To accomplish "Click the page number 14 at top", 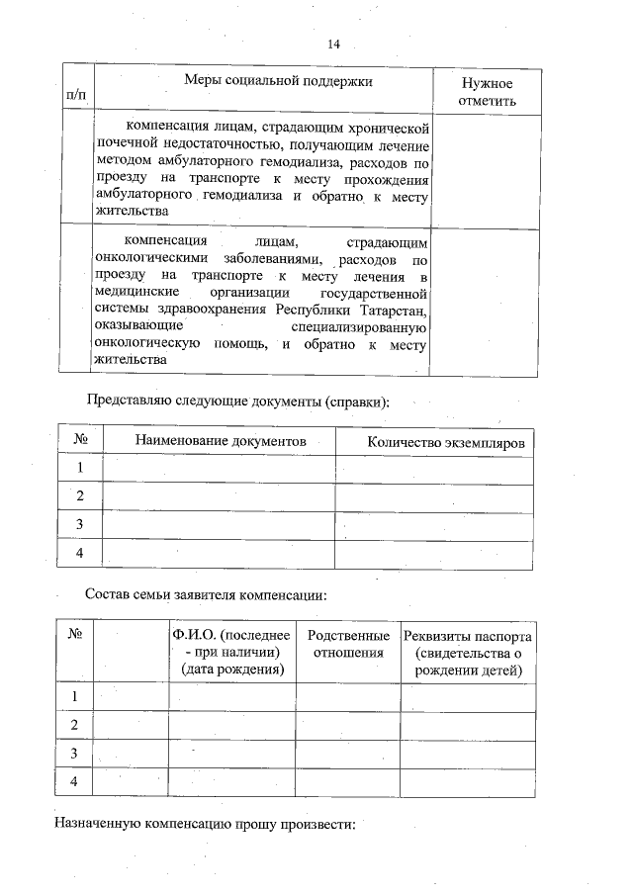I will (x=333, y=45).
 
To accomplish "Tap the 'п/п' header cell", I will (x=75, y=95).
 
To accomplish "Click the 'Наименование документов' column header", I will (x=220, y=440).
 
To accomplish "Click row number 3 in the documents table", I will (x=80, y=524).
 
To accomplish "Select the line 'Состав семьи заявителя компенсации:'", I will (x=206, y=595).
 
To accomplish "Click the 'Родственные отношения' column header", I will (x=348, y=644).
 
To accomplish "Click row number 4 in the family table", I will (x=73, y=782).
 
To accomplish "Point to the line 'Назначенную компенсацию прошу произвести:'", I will (x=204, y=823).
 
